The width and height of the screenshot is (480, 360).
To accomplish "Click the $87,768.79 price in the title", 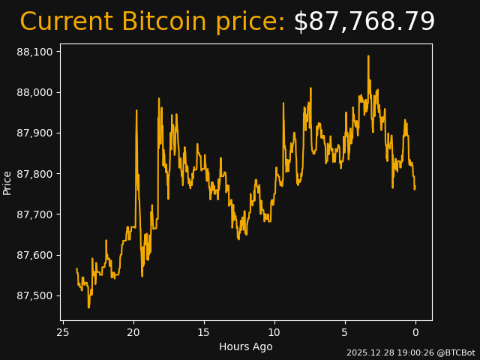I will tap(364, 22).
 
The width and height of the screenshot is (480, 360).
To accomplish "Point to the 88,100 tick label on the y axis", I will tap(34, 52).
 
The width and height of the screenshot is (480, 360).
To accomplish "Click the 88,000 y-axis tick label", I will tap(34, 92).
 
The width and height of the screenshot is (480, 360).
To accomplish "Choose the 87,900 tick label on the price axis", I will tap(34, 133).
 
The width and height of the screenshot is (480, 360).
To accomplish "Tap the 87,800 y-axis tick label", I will tap(34, 174).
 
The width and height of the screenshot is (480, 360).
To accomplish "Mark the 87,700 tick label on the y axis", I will tap(34, 214).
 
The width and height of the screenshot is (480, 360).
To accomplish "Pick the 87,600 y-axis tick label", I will tap(34, 255).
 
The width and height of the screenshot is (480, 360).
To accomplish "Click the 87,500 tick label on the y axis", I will tap(34, 295).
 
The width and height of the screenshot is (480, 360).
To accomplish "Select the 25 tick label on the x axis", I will tap(63, 332).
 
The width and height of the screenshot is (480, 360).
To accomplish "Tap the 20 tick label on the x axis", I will tap(133, 332).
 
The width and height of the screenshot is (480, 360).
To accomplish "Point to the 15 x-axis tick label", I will tap(204, 332).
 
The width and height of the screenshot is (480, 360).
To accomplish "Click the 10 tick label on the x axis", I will tap(274, 332).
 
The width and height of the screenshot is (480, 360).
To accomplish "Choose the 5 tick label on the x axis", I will tap(345, 332).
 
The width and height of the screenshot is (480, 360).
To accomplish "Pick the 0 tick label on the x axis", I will tap(415, 332).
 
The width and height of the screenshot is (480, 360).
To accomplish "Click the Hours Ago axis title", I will tap(245, 346).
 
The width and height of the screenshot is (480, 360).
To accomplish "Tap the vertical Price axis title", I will tap(7, 182).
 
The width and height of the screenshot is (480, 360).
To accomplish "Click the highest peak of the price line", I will tap(368, 56).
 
